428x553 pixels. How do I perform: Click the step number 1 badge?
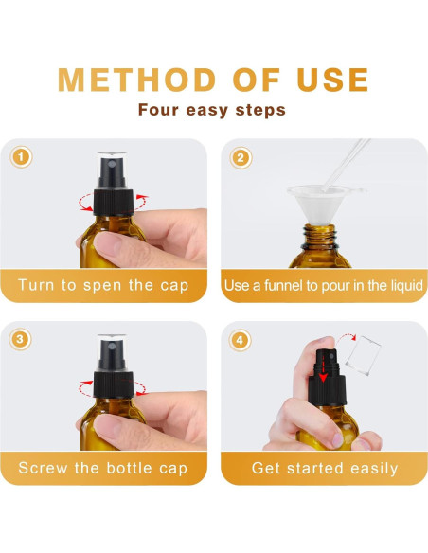[x=21, y=157]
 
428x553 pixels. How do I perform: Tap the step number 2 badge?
[x=241, y=157]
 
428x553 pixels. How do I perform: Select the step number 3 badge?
[x=20, y=339]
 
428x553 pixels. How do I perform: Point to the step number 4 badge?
[x=241, y=340]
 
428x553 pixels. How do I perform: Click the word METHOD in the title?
[x=136, y=80]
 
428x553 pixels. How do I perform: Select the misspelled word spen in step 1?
[x=102, y=285]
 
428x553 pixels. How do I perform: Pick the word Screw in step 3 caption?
[x=43, y=468]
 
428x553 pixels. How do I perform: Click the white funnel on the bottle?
[x=320, y=205]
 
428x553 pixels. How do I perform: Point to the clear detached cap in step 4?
[x=364, y=355]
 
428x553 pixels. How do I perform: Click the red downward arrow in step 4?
[x=323, y=368]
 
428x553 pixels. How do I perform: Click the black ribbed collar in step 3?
[x=114, y=385]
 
